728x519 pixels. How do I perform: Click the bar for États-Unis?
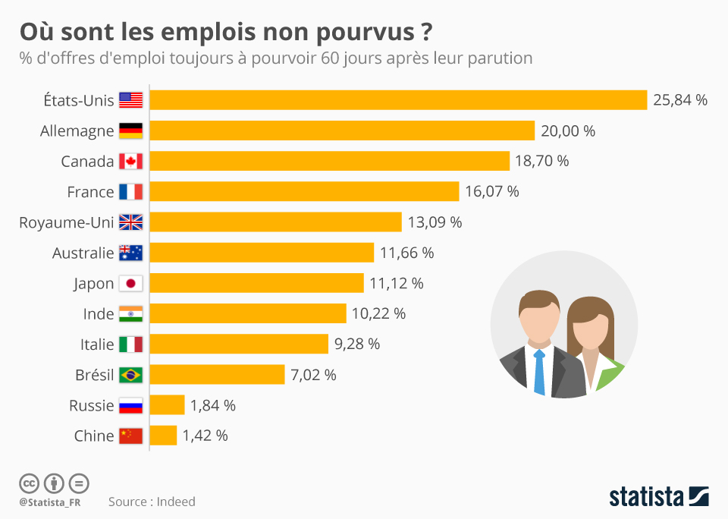tap(398, 100)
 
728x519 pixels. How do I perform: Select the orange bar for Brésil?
tap(217, 375)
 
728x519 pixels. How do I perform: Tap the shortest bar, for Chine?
tap(163, 436)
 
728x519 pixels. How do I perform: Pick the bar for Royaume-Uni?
tap(275, 222)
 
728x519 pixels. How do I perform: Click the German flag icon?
tap(130, 131)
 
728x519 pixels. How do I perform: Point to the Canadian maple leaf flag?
tap(130, 162)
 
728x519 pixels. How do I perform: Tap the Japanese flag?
tap(130, 284)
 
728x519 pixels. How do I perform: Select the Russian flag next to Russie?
tap(130, 406)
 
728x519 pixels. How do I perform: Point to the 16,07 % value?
tap(491, 192)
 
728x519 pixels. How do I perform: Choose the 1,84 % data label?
tap(213, 406)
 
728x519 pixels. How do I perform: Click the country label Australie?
tap(83, 253)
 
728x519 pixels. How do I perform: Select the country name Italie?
tap(97, 344)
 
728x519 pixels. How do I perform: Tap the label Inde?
tap(99, 314)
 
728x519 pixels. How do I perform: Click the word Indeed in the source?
tap(176, 502)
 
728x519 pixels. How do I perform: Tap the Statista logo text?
tap(646, 498)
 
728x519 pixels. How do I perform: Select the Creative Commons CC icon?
tap(29, 483)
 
